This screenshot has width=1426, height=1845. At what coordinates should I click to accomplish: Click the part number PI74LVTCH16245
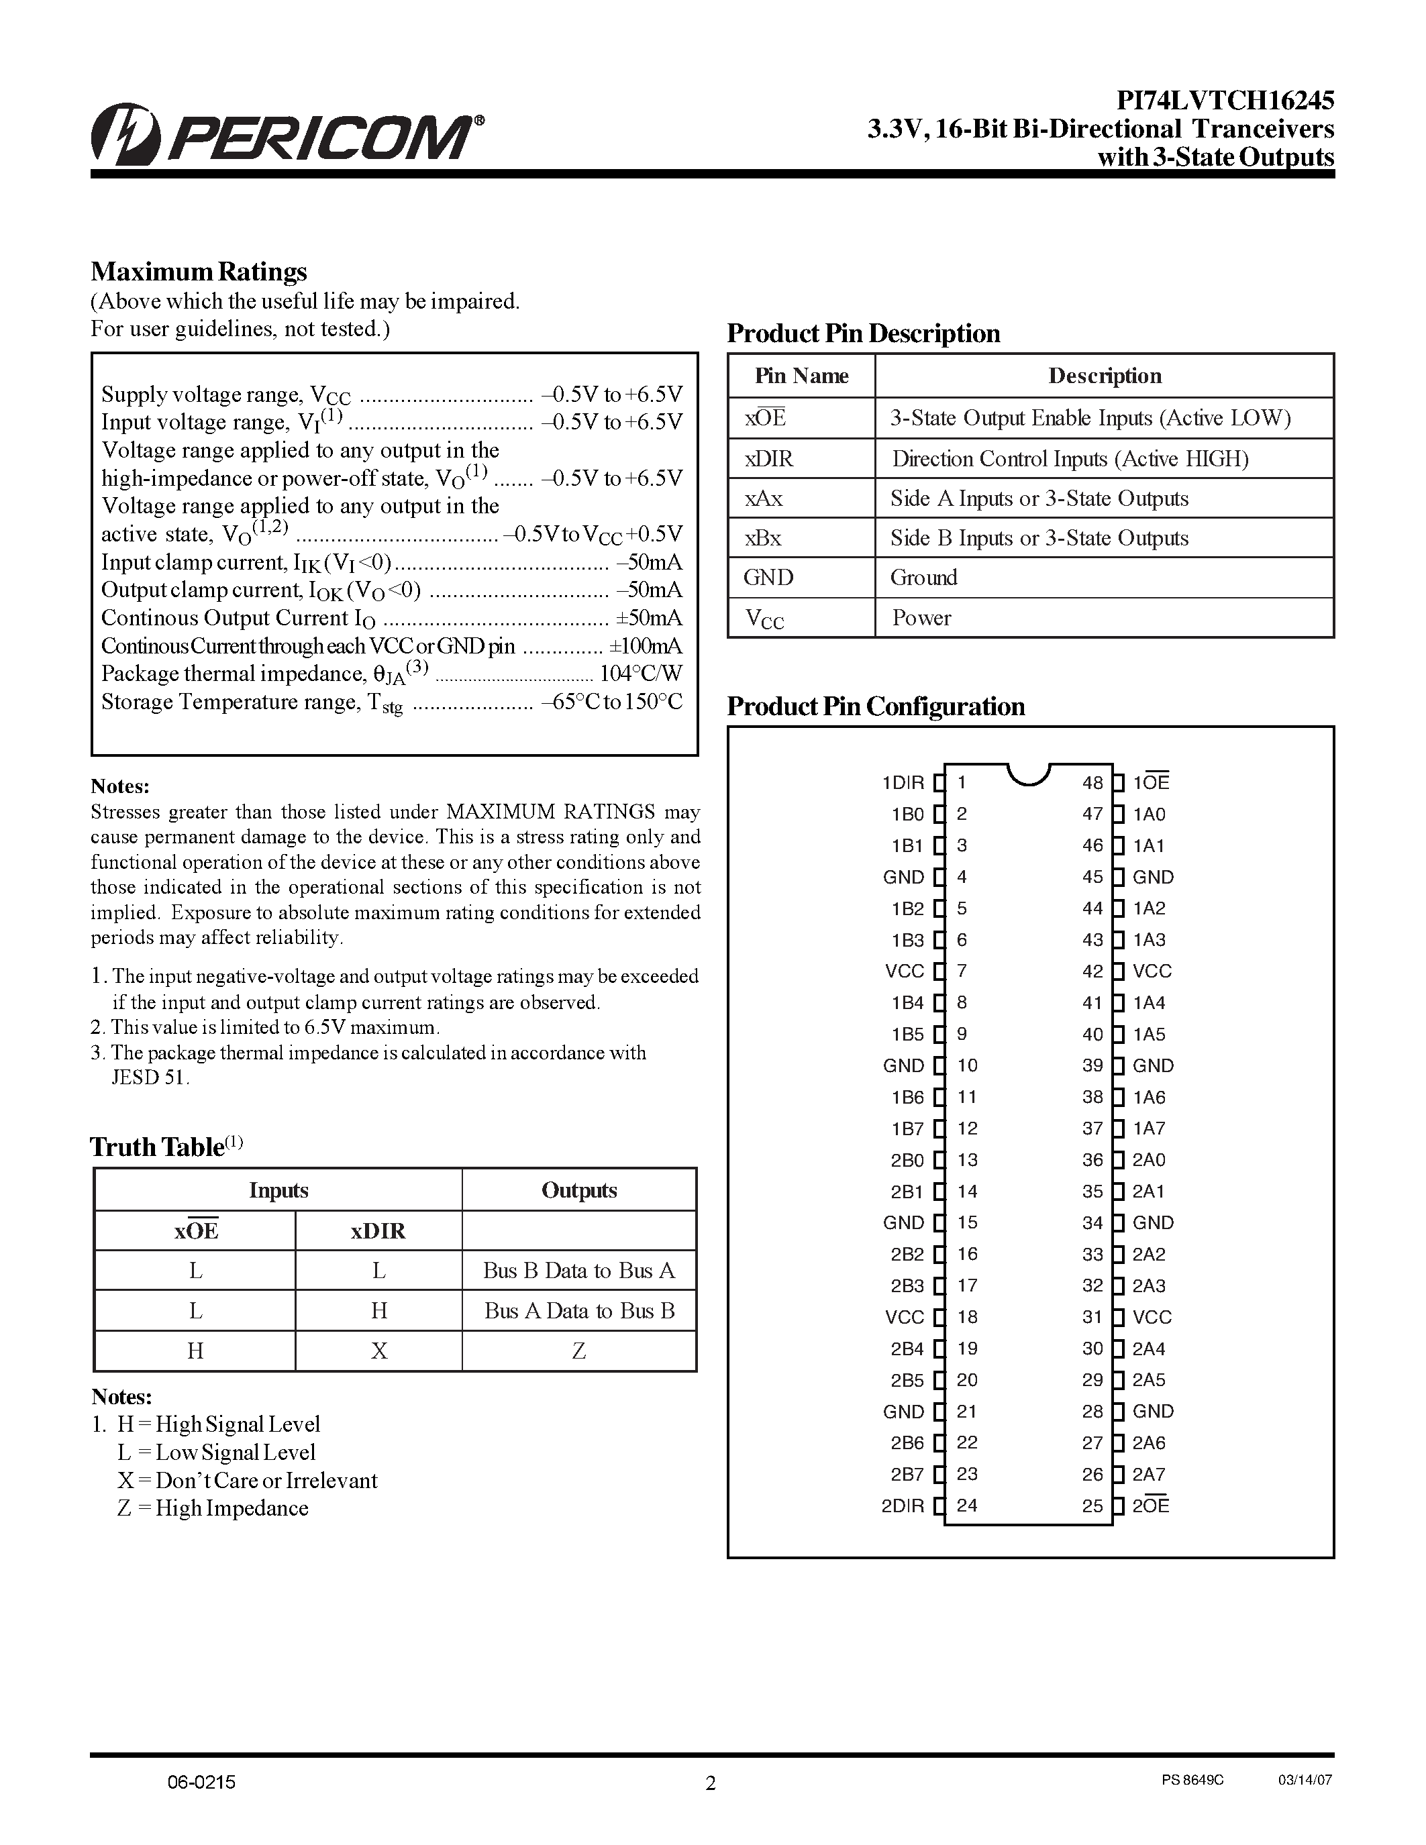[x=1225, y=101]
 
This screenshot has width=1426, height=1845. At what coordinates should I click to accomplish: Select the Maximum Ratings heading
[x=199, y=272]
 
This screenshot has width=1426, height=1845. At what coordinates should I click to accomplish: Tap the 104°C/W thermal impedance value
[x=640, y=674]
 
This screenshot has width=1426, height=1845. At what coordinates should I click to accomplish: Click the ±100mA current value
[x=646, y=646]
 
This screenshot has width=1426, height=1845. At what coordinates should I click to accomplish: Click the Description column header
[x=1104, y=376]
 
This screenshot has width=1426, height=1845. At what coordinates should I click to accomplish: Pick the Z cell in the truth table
[x=578, y=1351]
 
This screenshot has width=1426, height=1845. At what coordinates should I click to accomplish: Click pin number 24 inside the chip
[x=967, y=1506]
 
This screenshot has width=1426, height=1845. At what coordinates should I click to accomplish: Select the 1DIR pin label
[x=902, y=782]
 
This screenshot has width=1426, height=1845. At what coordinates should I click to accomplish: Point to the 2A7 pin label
[x=1149, y=1474]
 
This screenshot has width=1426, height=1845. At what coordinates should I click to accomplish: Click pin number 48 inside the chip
[x=1092, y=782]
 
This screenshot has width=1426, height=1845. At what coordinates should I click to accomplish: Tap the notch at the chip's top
[x=1028, y=773]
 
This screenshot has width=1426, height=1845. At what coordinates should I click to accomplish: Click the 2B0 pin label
[x=907, y=1160]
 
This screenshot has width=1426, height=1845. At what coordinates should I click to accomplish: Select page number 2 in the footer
[x=711, y=1783]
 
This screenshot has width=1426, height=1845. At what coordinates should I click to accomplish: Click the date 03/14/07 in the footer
[x=1305, y=1780]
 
